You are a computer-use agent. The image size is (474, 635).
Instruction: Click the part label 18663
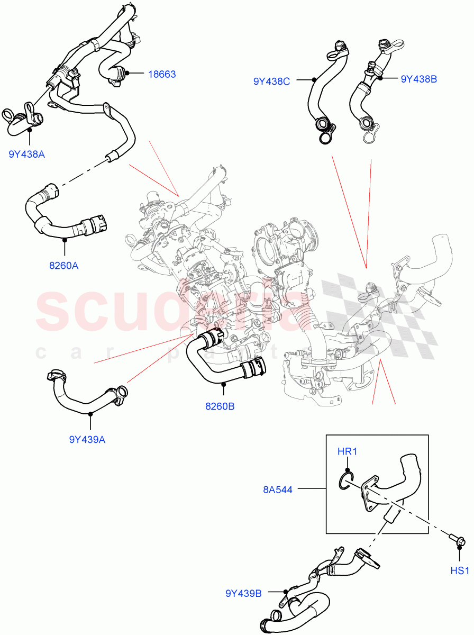pos(162,75)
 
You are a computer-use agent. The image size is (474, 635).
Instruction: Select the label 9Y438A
pos(26,154)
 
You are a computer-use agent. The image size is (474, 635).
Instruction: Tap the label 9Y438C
pos(271,81)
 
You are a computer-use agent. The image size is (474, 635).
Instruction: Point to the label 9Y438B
pos(418,79)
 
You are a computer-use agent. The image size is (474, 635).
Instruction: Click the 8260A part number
pos(63,266)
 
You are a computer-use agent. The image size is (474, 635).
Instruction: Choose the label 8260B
pos(220,406)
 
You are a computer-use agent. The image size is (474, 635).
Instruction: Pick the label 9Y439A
pos(87,439)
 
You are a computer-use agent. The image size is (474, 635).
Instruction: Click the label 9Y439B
pos(243,594)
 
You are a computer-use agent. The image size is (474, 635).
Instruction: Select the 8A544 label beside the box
pos(278,490)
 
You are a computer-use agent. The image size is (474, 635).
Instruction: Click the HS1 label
pos(460,570)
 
